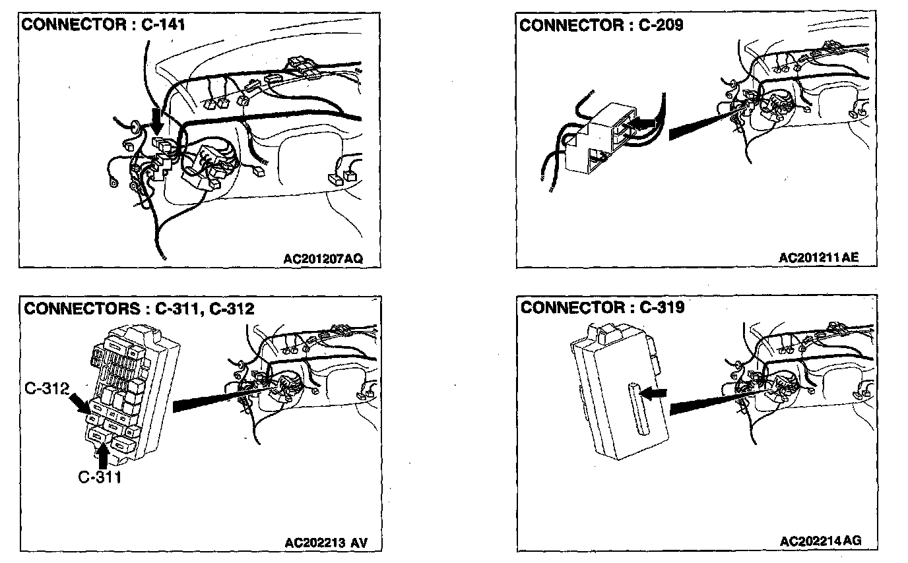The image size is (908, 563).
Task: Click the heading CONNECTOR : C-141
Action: tap(104, 25)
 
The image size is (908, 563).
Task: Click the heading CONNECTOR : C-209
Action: tap(601, 25)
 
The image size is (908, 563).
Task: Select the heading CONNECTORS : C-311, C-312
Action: tap(139, 308)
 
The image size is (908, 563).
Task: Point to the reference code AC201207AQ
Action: tap(323, 258)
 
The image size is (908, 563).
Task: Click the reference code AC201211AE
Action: tap(819, 257)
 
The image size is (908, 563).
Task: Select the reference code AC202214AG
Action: tap(820, 541)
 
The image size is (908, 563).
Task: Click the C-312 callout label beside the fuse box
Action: tap(46, 389)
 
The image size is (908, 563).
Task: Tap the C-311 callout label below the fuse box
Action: tap(99, 477)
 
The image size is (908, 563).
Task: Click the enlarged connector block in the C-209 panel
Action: tap(600, 138)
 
